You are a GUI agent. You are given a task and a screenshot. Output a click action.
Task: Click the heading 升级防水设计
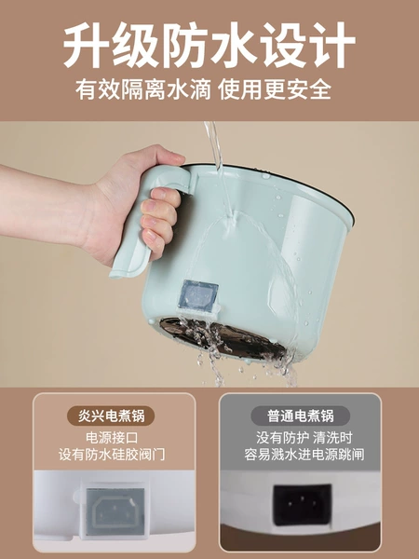[x=209, y=45]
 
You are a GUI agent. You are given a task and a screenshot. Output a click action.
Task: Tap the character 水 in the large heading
[x=234, y=45]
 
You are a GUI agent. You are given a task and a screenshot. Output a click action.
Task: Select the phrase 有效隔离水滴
[x=144, y=90]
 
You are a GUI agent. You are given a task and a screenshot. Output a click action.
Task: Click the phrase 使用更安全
[x=275, y=90]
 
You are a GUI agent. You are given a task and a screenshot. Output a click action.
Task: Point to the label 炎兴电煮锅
[x=111, y=416]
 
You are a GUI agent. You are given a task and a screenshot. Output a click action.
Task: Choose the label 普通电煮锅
[x=301, y=416]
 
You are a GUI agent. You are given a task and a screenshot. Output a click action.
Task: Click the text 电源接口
[x=112, y=438]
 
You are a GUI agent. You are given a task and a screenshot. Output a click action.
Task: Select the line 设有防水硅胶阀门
[x=112, y=455]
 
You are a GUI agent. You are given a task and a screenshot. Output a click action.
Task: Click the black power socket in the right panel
[x=302, y=504]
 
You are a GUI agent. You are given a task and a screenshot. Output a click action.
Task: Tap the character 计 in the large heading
[x=332, y=45]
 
